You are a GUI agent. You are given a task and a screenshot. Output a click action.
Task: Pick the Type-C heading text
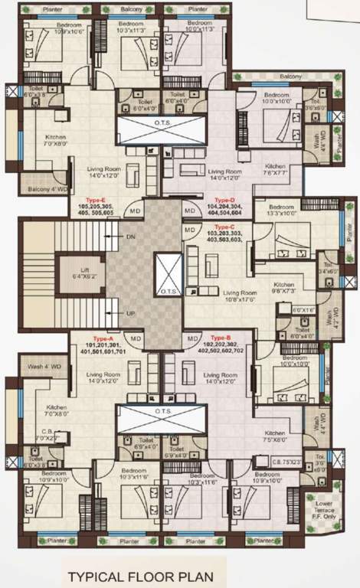click(x=224, y=227)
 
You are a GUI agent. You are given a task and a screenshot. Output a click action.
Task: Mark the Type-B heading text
click(x=221, y=338)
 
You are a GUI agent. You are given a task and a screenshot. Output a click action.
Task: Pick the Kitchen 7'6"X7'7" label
click(x=276, y=170)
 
